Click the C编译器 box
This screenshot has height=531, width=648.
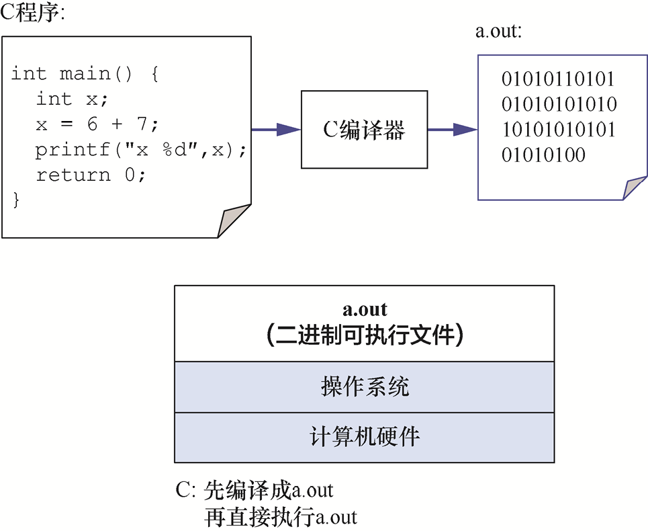click(364, 130)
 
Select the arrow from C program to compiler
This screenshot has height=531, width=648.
click(275, 130)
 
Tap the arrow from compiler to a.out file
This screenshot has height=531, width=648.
click(452, 130)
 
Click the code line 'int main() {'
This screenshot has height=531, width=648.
click(85, 73)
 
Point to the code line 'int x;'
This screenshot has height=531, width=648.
click(72, 99)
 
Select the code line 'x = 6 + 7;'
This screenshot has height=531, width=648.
click(97, 124)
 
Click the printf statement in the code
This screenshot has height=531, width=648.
click(141, 150)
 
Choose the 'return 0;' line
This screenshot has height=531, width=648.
click(91, 175)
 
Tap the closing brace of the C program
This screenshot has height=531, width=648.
click(16, 200)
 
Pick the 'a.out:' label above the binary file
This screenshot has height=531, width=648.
click(498, 32)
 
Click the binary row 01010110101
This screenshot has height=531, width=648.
click(558, 79)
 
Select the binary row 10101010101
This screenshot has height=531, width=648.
click(558, 130)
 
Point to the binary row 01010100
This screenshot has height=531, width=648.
click(543, 155)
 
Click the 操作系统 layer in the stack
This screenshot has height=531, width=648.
click(364, 387)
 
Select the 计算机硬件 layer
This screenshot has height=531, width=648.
click(364, 437)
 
